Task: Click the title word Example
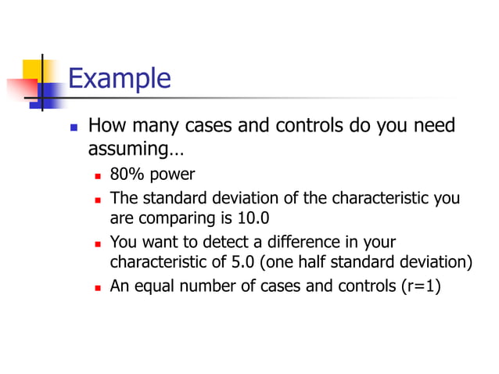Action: [119, 79]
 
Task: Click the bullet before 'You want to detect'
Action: [98, 243]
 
